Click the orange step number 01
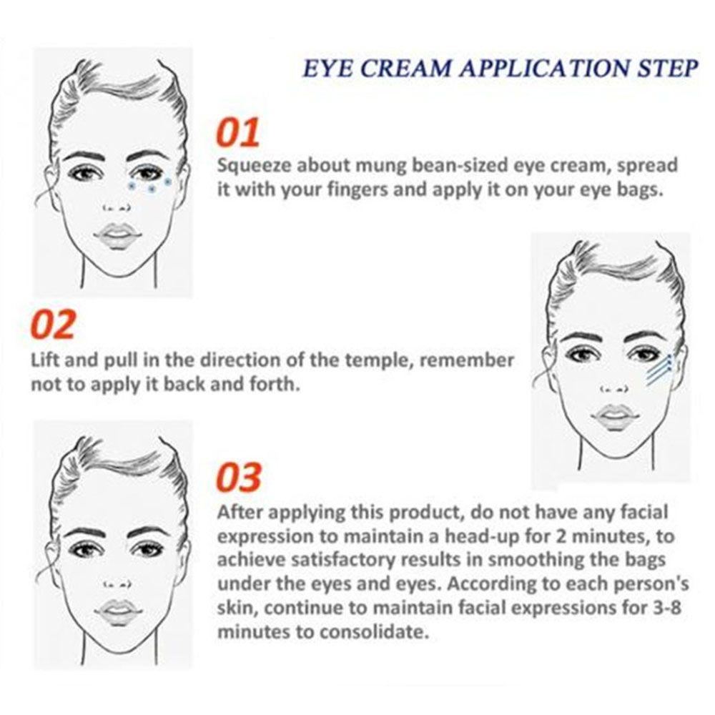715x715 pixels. coord(238,134)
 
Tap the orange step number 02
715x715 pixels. coord(53,325)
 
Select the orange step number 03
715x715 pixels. coord(239,477)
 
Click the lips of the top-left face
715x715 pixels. coord(116,235)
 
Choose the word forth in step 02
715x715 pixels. coord(277,384)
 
